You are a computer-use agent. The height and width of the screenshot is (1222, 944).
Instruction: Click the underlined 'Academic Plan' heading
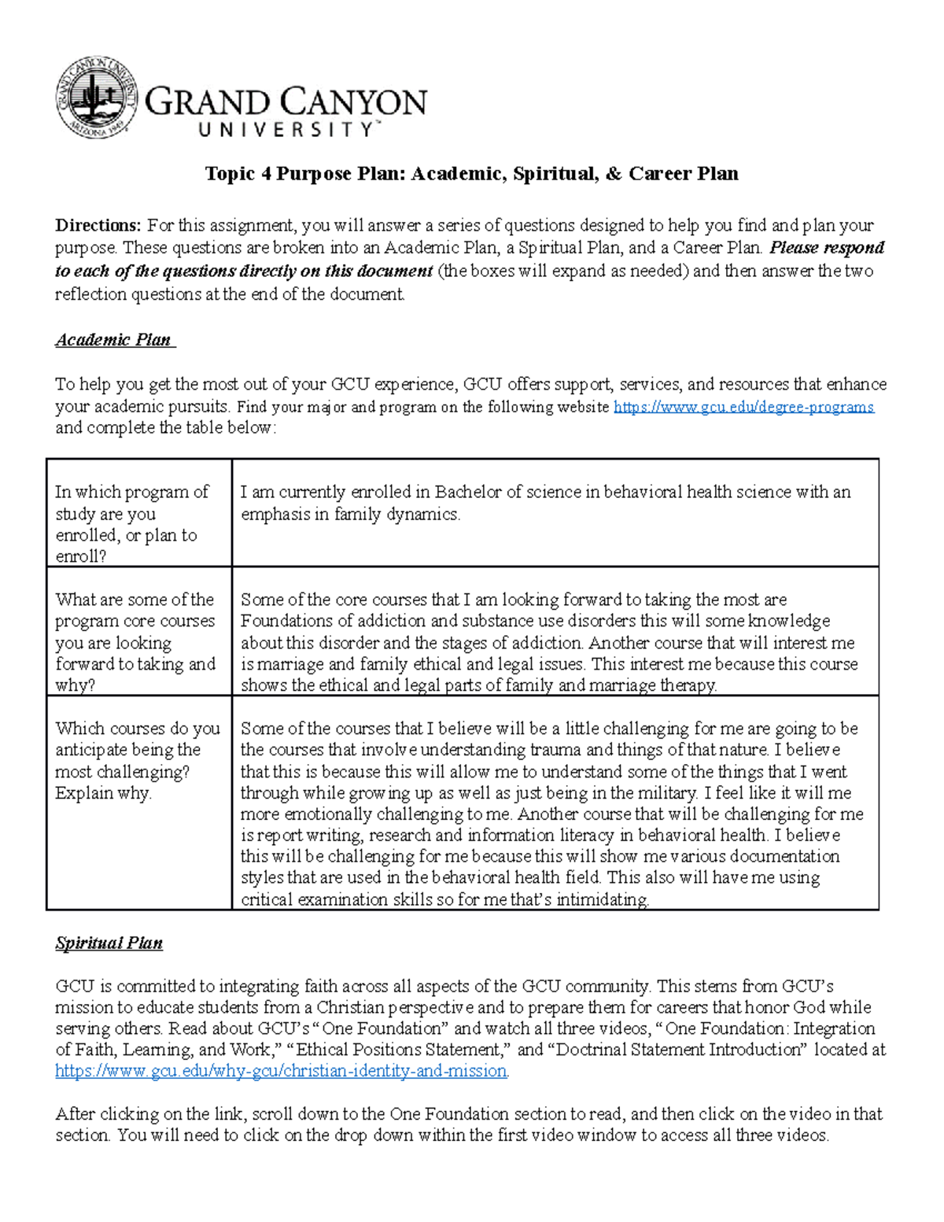113,340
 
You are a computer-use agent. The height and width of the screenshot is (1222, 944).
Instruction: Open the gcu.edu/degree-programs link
743,407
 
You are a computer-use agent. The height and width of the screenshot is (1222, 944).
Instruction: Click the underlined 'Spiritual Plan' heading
109,943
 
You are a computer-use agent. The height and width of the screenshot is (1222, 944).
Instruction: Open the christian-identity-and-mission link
281,1071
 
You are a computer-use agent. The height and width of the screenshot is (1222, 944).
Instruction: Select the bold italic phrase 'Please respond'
826,248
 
